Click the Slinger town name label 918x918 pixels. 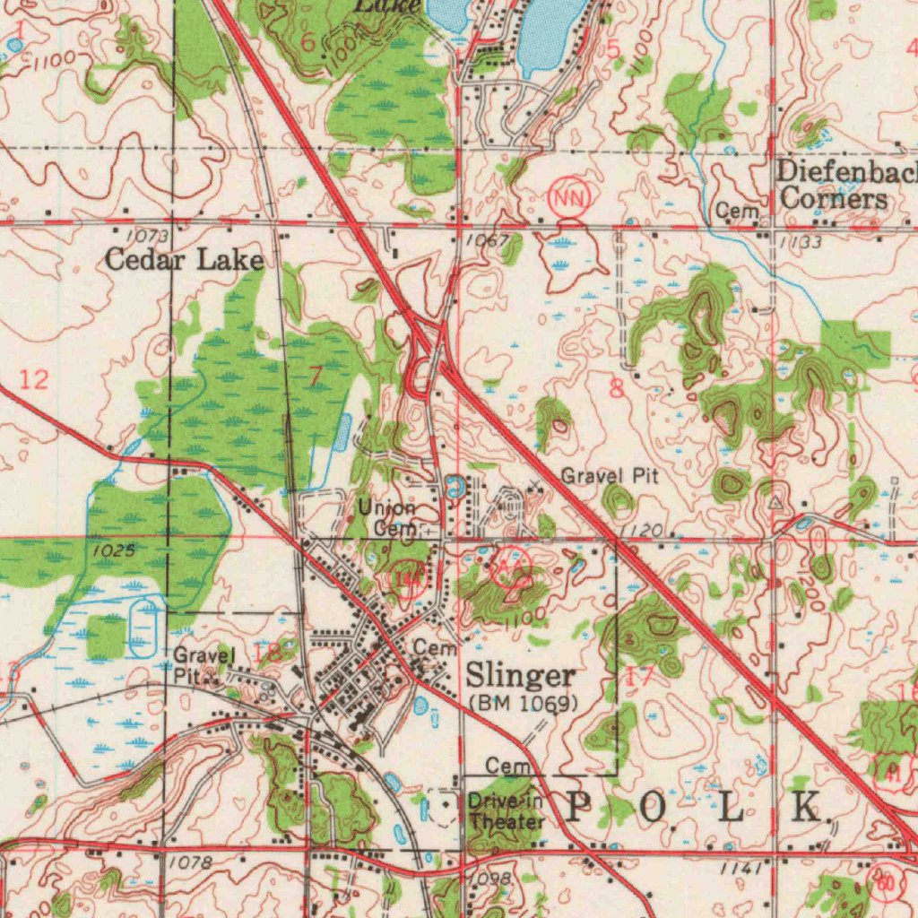tap(521, 674)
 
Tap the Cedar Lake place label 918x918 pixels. tap(184, 261)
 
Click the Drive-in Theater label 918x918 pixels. tap(506, 811)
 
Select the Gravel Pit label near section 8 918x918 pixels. tap(610, 477)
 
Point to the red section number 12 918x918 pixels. tap(35, 379)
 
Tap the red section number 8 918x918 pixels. tap(616, 389)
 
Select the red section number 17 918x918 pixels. tap(639, 678)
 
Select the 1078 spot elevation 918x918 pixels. tap(191, 863)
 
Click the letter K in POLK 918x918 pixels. tap(804, 808)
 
